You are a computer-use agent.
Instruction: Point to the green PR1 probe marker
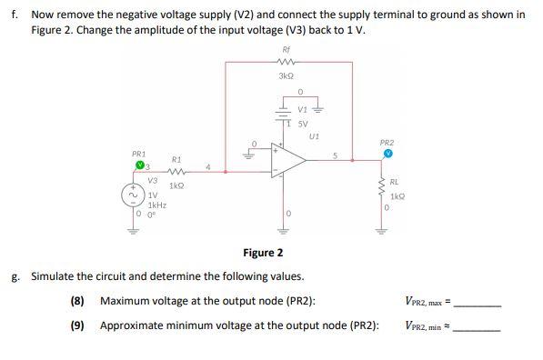tap(141, 166)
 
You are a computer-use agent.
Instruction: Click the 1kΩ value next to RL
tap(396, 196)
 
